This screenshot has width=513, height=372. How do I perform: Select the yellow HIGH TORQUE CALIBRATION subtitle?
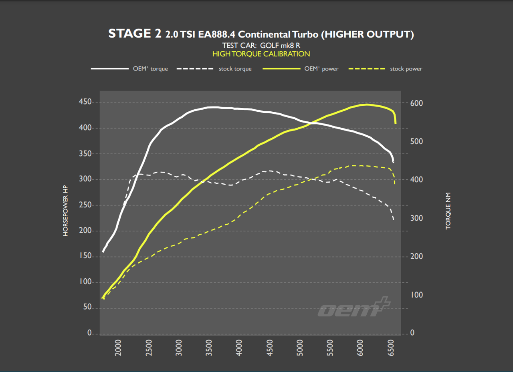pos(261,54)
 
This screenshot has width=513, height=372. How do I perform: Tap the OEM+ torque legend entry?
pos(129,69)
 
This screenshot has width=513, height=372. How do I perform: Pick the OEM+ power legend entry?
pos(301,69)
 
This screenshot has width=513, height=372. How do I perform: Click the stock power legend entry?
pos(386,69)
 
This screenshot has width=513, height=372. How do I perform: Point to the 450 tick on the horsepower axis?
pos(85,103)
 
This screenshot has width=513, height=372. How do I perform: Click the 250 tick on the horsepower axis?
pos(85,205)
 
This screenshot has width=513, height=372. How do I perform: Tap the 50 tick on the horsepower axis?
pos(87,308)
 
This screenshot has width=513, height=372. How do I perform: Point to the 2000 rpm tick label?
pos(118,348)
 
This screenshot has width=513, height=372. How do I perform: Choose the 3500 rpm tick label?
pos(209,348)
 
